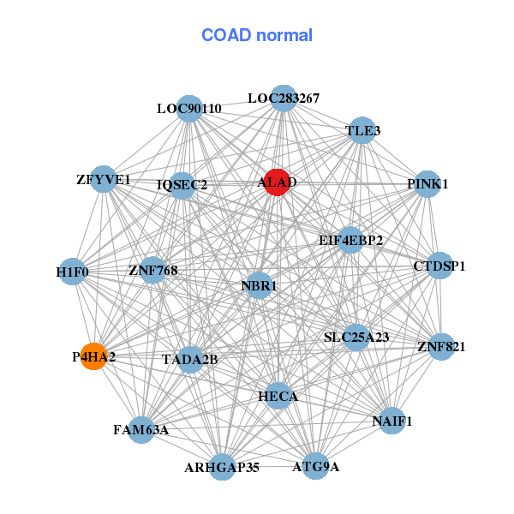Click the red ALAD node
point(275,182)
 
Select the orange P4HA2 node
point(93,356)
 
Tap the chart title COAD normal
point(257,36)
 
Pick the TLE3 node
point(362,131)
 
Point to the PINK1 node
point(427,183)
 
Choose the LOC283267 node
point(284,99)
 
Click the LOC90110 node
point(189,109)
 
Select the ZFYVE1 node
point(104,180)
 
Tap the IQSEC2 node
point(182,184)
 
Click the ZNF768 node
point(152,271)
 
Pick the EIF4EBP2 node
point(350,240)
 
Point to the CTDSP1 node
point(439,266)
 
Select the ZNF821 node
point(441,347)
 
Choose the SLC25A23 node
point(356,338)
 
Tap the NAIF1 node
point(392,421)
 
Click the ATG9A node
point(316,466)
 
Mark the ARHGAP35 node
point(222,467)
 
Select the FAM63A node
point(141,429)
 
